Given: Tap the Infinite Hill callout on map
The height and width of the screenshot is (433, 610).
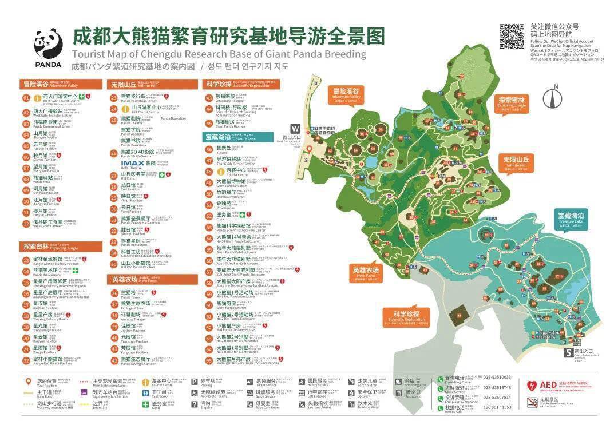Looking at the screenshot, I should tap(517, 162).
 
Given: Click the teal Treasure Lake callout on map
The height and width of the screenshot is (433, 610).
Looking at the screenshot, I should tap(571, 219).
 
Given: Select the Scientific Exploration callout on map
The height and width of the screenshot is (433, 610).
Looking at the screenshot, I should tap(406, 316).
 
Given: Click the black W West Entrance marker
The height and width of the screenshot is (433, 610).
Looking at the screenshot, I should tap(295, 129).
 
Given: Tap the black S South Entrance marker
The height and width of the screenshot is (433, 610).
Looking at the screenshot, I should tap(568, 352).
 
